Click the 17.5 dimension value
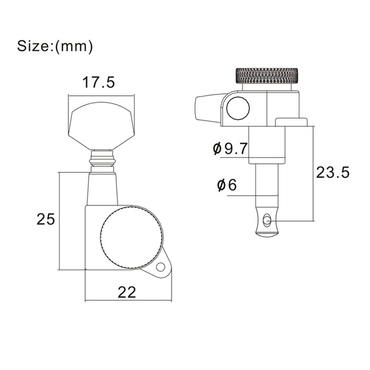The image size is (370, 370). [98, 82]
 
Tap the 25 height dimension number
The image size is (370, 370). [45, 219]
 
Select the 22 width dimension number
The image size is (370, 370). [127, 292]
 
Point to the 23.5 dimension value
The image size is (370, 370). [332, 172]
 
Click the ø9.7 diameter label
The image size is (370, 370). [230, 149]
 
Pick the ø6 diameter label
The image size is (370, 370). [227, 185]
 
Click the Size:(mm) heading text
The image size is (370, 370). [55, 46]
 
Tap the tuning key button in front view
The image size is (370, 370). [101, 126]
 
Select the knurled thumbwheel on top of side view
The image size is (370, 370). [266, 76]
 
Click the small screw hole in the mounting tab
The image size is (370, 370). [161, 267]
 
